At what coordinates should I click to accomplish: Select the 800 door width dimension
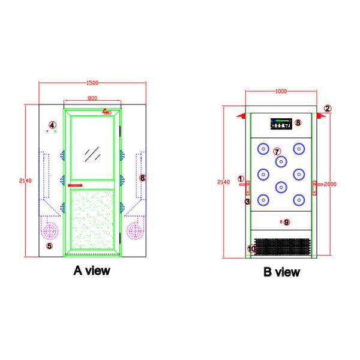(x=92, y=98)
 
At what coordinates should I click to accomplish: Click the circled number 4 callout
(x=52, y=125)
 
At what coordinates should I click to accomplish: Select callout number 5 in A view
(x=49, y=245)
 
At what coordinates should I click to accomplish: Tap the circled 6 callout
(x=142, y=178)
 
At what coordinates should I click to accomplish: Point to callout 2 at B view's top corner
(x=328, y=109)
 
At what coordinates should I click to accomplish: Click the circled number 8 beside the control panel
(x=298, y=123)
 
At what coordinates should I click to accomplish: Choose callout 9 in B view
(x=286, y=222)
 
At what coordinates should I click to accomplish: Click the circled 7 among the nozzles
(x=277, y=151)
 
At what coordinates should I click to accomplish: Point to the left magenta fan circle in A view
(x=50, y=229)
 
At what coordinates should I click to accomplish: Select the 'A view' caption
(x=91, y=271)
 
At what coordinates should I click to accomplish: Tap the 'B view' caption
(x=281, y=272)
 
